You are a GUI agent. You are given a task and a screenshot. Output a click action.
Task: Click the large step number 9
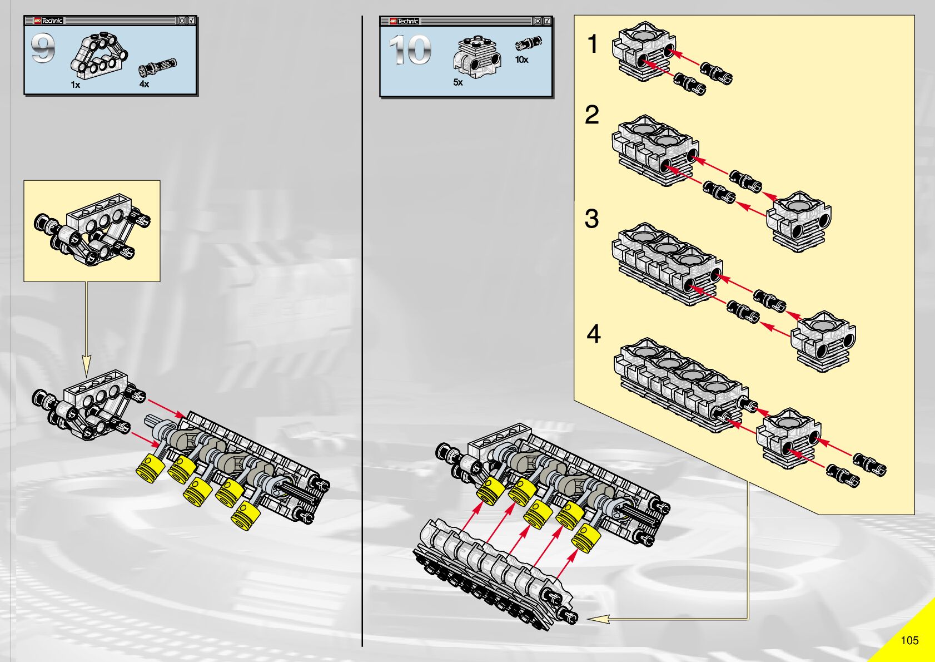(x=43, y=48)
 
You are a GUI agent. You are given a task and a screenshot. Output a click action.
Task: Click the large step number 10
(x=410, y=50)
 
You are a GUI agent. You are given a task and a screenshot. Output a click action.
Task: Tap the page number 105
(x=909, y=640)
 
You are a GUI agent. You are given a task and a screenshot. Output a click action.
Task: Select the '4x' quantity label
(x=144, y=84)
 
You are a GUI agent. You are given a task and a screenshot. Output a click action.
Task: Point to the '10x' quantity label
(x=521, y=60)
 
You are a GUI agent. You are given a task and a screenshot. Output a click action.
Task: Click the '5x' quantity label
(x=457, y=82)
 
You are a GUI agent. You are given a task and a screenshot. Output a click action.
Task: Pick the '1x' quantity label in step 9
(x=76, y=85)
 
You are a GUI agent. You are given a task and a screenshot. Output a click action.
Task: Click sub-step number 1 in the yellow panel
(x=593, y=44)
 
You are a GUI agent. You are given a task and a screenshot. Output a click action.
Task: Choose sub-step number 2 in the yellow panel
(x=592, y=115)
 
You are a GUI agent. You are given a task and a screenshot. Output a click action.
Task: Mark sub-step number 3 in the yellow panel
(x=592, y=219)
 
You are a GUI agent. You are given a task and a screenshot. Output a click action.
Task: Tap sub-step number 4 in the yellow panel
(x=594, y=334)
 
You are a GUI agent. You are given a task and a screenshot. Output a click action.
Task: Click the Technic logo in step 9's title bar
(x=49, y=21)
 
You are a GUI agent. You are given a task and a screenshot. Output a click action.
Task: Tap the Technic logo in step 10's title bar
(x=404, y=21)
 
